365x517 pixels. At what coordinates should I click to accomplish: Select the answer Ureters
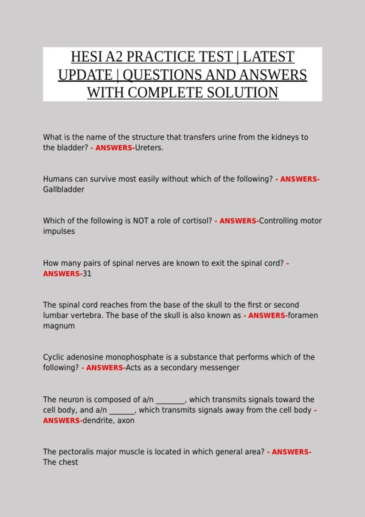[149, 148]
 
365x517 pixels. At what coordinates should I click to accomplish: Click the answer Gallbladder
[64, 189]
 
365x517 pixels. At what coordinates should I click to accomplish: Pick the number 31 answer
[87, 274]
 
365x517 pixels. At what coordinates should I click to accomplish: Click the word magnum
[59, 326]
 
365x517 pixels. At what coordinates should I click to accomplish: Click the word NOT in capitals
[141, 221]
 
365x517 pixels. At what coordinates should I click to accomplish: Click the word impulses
[59, 231]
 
